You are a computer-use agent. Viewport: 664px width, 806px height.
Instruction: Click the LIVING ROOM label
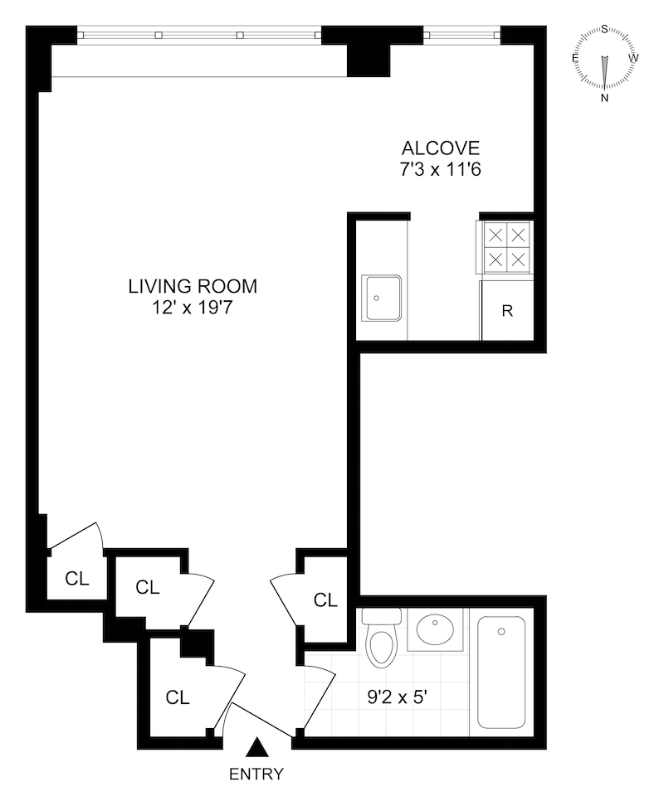point(193,286)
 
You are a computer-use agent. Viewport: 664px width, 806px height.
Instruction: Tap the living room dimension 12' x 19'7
point(193,308)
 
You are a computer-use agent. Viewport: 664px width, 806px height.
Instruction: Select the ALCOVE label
point(440,148)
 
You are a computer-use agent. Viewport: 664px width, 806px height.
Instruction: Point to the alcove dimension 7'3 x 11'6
point(440,169)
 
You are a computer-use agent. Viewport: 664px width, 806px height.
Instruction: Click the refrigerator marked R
point(507,310)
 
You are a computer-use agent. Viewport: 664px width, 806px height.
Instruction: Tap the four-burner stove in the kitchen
point(506,247)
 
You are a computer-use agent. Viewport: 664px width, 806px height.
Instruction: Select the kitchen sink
point(381,299)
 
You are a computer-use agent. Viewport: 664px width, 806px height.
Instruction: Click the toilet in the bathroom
point(381,638)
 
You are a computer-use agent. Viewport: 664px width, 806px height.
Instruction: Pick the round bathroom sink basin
point(435,629)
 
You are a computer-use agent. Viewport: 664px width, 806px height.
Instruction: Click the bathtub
point(501,672)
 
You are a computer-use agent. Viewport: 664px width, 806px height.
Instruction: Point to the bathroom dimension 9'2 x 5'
point(398,697)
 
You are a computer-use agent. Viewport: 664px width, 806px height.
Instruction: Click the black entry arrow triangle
point(256,748)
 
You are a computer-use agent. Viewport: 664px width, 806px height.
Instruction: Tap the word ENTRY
point(256,774)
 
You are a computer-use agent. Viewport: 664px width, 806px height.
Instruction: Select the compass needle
point(605,72)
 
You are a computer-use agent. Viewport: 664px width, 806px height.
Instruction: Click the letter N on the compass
point(605,98)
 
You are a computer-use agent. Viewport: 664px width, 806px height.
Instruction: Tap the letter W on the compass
point(633,57)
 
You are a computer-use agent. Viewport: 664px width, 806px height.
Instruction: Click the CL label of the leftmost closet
point(77,578)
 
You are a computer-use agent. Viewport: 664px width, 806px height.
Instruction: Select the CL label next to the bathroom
point(325,600)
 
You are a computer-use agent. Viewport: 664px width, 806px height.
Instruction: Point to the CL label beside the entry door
point(178,697)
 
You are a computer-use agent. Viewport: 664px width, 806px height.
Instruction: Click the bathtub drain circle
point(501,631)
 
